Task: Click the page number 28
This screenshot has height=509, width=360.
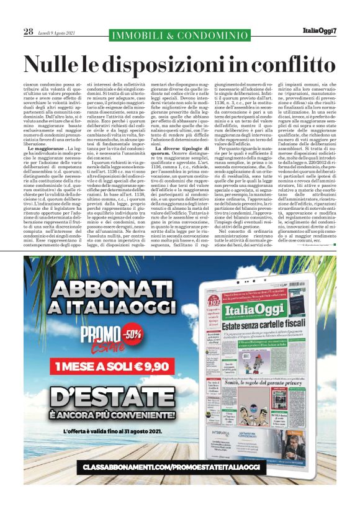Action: [28, 32]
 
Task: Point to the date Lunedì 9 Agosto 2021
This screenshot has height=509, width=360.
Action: [57, 32]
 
